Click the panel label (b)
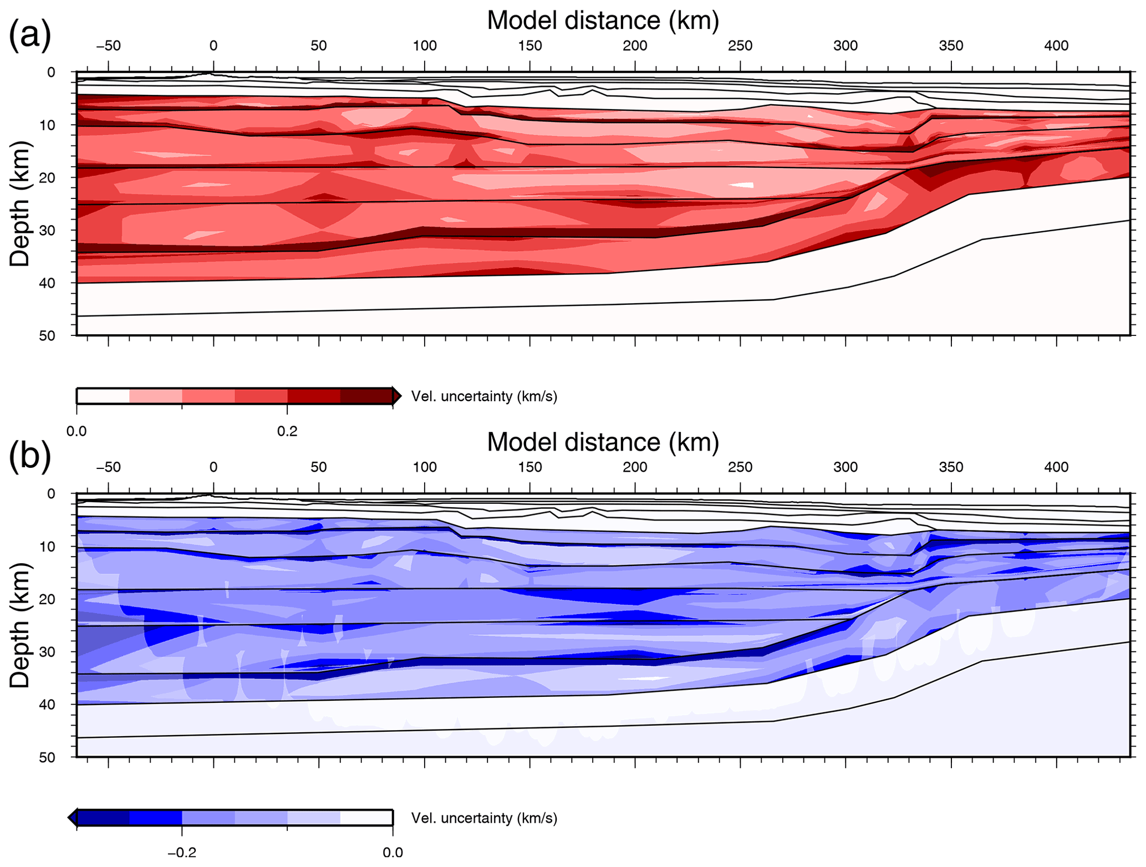(x=30, y=456)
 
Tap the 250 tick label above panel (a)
(x=740, y=46)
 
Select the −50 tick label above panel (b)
(x=108, y=467)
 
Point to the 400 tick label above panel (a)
(x=1056, y=46)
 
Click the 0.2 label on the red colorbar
(x=287, y=431)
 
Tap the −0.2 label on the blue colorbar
(x=182, y=853)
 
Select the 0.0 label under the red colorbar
(x=77, y=431)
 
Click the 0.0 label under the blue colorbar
(x=393, y=853)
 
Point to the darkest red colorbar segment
(x=366, y=396)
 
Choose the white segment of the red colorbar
(x=103, y=396)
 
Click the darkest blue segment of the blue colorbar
(x=103, y=818)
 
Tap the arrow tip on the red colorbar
(x=399, y=396)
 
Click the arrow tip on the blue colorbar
(x=70, y=818)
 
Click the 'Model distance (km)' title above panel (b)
(x=603, y=442)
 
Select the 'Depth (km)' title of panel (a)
(x=20, y=204)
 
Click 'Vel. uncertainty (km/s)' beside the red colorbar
(x=484, y=397)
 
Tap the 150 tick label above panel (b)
(x=529, y=467)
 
